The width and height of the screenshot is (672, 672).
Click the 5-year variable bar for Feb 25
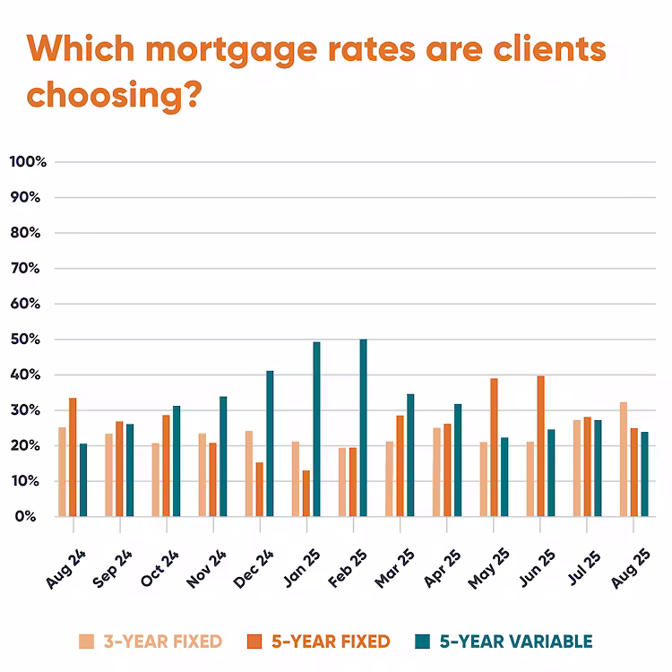point(363,428)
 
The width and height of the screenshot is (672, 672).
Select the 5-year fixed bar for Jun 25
point(540,446)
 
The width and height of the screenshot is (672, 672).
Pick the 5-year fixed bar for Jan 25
point(306,494)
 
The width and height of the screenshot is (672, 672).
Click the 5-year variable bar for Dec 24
point(270,444)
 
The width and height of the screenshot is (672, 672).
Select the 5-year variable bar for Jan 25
point(316,429)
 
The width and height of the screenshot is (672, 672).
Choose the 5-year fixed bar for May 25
point(494,447)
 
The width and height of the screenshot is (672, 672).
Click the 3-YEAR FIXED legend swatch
point(86,642)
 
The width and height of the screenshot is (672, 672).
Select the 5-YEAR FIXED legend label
point(331,642)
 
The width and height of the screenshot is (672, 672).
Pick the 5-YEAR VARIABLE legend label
point(515,642)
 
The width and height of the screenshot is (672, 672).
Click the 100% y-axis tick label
point(28,162)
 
